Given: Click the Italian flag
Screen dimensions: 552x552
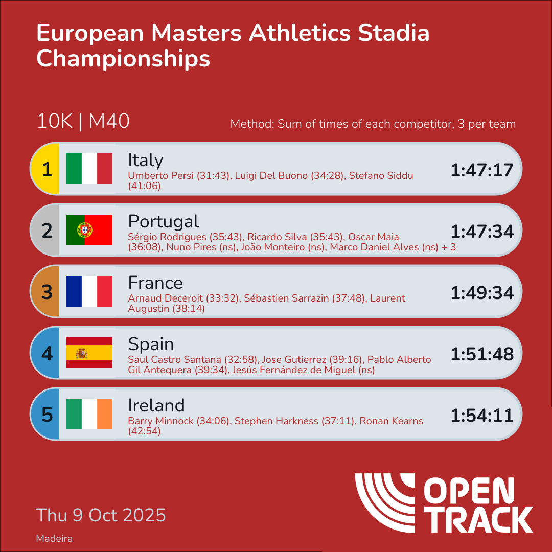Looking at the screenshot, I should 89,169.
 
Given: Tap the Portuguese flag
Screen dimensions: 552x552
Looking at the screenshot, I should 89,230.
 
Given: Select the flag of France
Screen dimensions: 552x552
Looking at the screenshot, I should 89,291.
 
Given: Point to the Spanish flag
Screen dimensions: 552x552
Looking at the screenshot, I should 89,353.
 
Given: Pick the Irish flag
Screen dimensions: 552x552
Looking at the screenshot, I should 89,414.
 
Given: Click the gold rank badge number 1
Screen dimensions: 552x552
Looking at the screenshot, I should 47,169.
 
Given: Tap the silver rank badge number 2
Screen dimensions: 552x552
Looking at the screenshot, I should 47,231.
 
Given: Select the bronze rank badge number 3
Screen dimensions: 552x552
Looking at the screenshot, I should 47,292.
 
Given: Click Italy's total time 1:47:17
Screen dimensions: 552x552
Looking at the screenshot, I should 481,170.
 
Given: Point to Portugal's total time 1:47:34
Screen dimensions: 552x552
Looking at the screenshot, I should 481,231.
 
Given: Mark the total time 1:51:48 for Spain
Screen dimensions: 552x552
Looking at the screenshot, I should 481,354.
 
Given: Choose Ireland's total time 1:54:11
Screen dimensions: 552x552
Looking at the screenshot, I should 481,415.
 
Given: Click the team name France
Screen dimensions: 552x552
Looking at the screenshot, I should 155,283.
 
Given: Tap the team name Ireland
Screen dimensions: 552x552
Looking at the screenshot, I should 156,405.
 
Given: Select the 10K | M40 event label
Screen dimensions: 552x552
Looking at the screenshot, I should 83,122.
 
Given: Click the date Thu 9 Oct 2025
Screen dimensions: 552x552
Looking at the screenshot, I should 101,515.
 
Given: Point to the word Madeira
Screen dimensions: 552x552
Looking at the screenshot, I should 54,539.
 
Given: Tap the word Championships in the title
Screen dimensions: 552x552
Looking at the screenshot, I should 123,58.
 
